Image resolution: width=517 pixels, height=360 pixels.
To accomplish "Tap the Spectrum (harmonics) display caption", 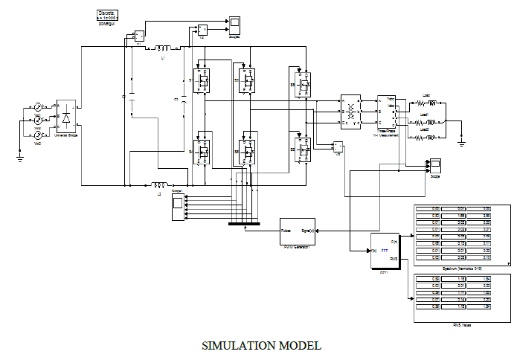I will coord(461,266).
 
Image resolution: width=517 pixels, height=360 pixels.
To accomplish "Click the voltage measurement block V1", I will coord(138,34).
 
